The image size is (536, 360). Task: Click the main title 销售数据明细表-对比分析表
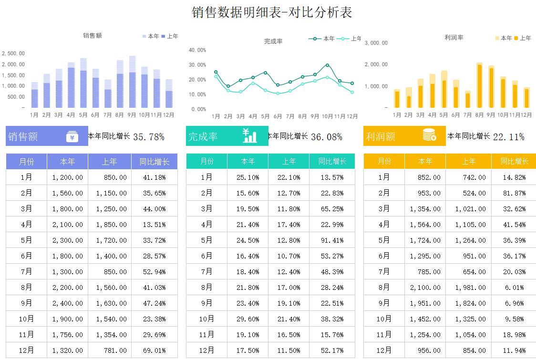(x=272, y=12)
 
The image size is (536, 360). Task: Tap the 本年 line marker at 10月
(x=327, y=65)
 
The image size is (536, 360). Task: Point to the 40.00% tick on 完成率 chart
(x=197, y=50)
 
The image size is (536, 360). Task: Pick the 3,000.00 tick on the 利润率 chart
(x=376, y=43)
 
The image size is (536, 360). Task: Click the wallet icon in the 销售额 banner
(x=72, y=137)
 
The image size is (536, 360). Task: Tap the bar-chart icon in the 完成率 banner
(x=249, y=136)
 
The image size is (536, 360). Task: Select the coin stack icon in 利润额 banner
(x=429, y=136)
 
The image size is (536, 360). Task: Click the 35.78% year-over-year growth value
(x=149, y=137)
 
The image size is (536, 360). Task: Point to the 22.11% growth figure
(x=508, y=137)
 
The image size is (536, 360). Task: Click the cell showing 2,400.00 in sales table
(x=67, y=303)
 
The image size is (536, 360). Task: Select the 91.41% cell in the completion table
(x=332, y=240)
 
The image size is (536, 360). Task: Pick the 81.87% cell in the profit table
(x=514, y=193)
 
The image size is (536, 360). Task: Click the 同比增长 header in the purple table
(x=155, y=162)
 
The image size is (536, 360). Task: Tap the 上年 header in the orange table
(x=468, y=162)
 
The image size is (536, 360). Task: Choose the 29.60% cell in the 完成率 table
(x=247, y=319)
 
